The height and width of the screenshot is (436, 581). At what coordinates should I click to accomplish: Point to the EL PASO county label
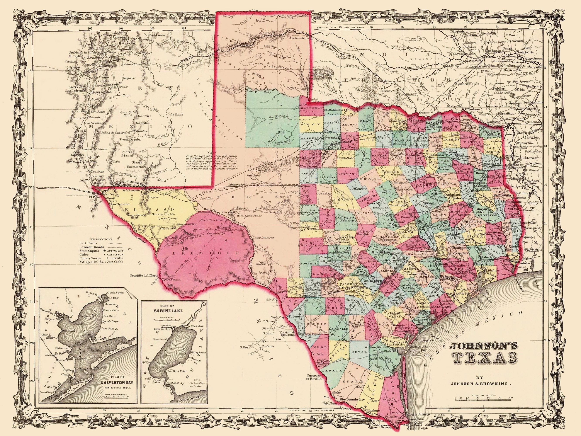coord(149,209)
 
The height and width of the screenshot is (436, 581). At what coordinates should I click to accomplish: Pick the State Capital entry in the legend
coord(89,251)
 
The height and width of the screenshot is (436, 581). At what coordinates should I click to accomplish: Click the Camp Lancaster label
coord(264,238)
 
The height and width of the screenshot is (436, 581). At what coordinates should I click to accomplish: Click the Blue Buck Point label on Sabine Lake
coord(176,371)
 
